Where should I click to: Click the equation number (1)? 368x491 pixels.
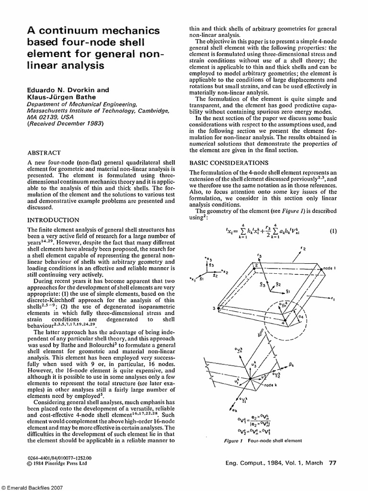(x=333, y=231)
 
